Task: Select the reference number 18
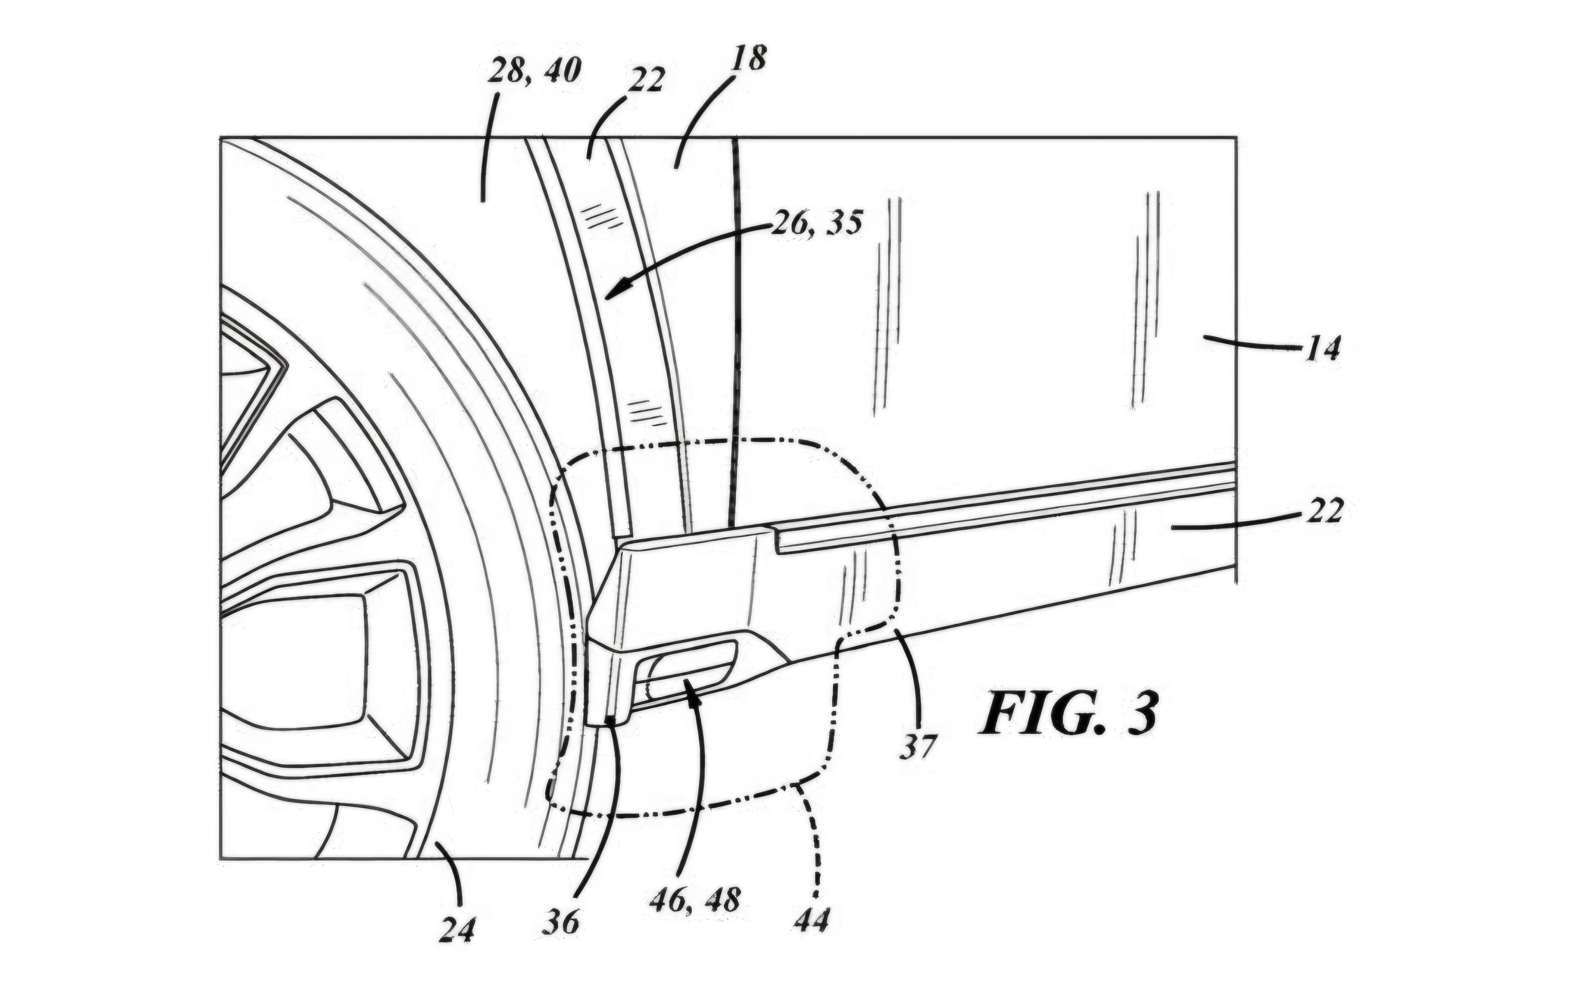pos(747,59)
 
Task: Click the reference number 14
pos(1322,349)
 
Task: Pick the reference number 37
pos(917,746)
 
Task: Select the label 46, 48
pos(694,900)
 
